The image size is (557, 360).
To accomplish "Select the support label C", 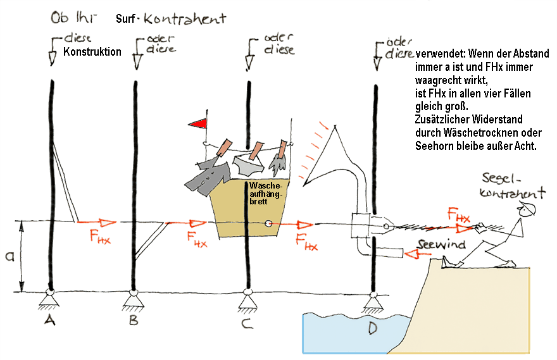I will coord(246,324).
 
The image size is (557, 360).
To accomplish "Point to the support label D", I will coord(374,328).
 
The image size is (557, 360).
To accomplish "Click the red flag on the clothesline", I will coord(201,123).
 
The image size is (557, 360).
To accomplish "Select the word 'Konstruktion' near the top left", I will coord(92,53).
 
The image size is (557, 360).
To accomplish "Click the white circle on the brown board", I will coord(269,223).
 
